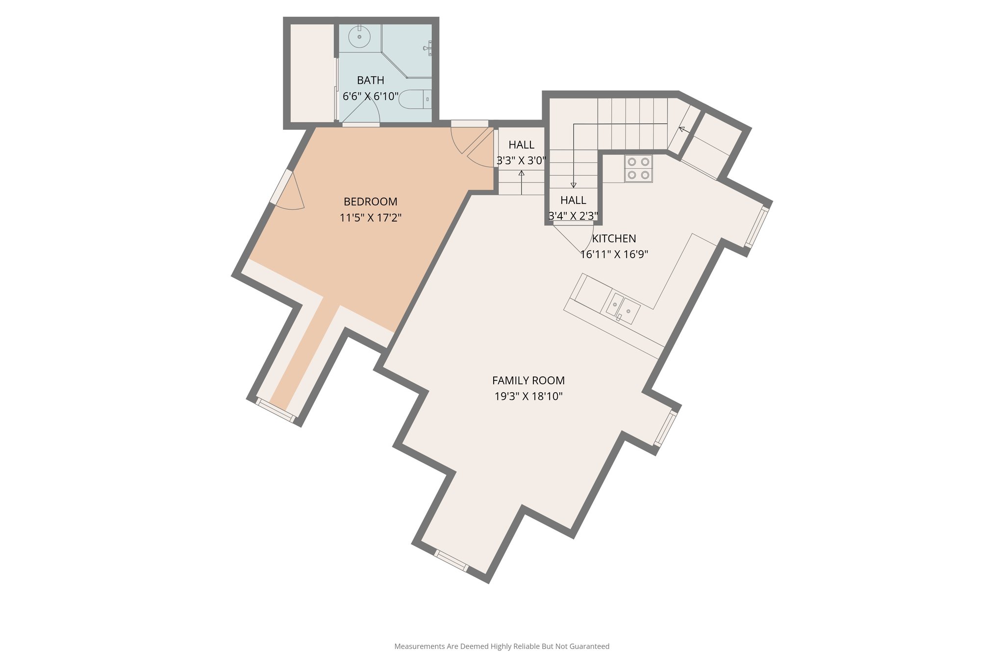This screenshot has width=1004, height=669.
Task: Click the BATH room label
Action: click(x=370, y=80)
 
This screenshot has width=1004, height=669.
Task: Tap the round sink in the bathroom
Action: click(x=359, y=37)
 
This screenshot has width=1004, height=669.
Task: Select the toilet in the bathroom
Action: click(x=414, y=99)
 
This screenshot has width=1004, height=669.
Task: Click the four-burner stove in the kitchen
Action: click(x=638, y=168)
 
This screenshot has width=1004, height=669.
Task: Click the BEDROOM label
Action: click(x=370, y=201)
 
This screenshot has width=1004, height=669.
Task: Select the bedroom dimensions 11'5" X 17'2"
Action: click(x=370, y=218)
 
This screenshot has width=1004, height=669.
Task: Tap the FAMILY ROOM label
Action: click(x=528, y=380)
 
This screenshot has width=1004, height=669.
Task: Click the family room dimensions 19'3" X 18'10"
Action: click(x=528, y=396)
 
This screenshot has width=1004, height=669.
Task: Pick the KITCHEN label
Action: click(x=614, y=239)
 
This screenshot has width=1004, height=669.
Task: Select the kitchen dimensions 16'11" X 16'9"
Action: click(x=614, y=254)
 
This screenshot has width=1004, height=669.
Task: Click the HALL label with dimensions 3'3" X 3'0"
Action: click(x=521, y=145)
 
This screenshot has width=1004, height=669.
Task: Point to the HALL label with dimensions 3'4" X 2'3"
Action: click(x=573, y=200)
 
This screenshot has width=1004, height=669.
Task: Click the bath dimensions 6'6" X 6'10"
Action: click(x=370, y=97)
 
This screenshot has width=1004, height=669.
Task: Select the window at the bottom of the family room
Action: click(x=452, y=561)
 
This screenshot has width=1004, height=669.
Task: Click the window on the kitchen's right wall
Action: click(x=757, y=227)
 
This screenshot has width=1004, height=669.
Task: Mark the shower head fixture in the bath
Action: click(x=427, y=48)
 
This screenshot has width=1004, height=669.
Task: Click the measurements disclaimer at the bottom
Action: click(x=502, y=646)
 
